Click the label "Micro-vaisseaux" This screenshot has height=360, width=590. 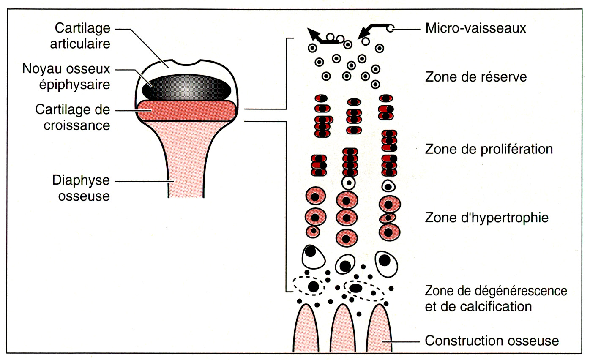click(x=475, y=29)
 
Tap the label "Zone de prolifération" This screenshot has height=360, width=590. click(x=489, y=150)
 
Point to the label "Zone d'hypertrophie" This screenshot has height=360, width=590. click(x=486, y=218)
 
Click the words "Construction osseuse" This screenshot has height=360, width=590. click(x=492, y=341)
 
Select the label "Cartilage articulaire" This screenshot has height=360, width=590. click(x=82, y=36)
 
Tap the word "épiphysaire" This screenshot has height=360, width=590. click(x=83, y=85)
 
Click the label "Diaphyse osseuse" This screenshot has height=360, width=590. click(x=81, y=188)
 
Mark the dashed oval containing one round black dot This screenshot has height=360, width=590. click(x=309, y=286)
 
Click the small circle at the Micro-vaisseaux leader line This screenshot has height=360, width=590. click(x=391, y=29)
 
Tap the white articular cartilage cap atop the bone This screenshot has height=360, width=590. click(x=169, y=68)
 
